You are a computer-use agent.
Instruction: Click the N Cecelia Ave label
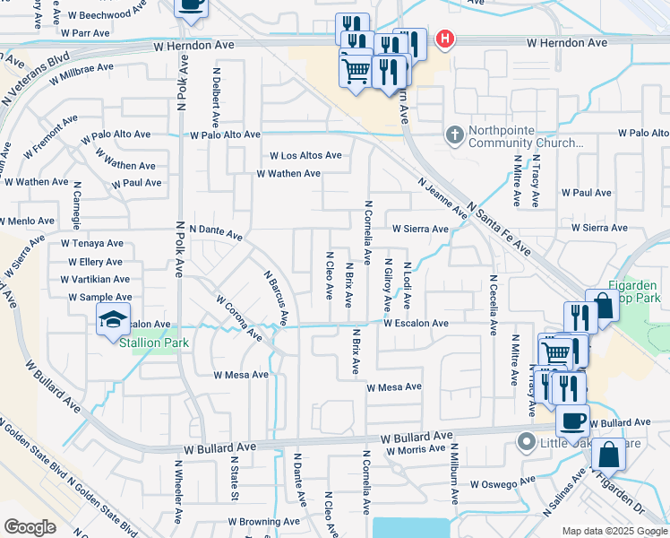(493, 304)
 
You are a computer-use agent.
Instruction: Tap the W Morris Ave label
(416, 449)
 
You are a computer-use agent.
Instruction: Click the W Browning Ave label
(263, 521)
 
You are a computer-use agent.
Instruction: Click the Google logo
(30, 527)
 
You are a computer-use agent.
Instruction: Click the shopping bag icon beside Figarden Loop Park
(603, 306)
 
